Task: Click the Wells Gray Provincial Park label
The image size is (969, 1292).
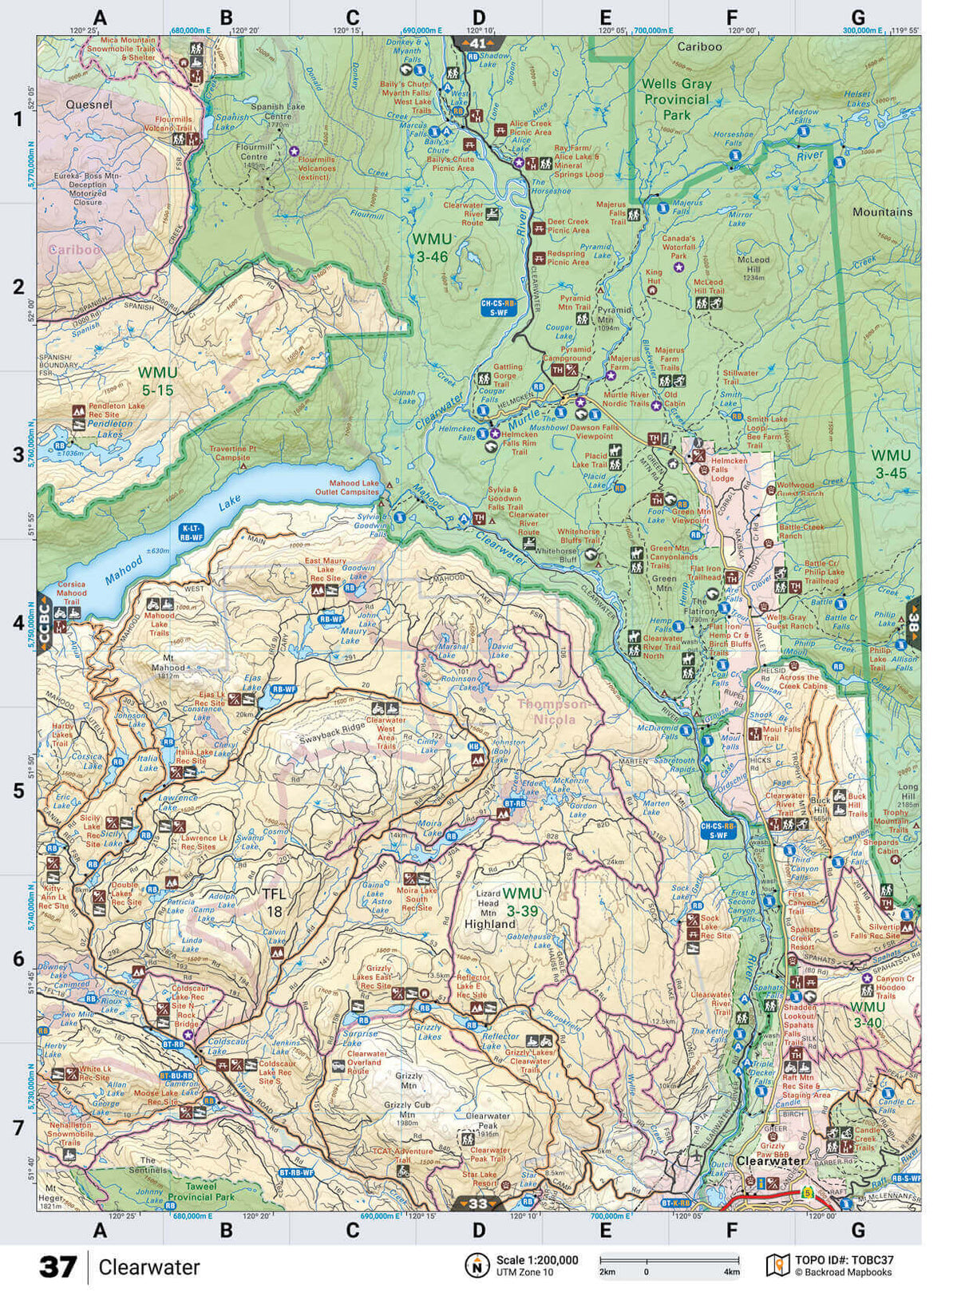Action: [675, 99]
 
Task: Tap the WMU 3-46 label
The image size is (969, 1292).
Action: [431, 248]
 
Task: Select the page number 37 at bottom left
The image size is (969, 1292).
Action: [57, 1267]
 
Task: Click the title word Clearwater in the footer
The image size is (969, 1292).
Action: [149, 1267]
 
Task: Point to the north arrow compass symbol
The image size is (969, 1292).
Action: [477, 1265]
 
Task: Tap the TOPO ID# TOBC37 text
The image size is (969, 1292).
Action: [844, 1260]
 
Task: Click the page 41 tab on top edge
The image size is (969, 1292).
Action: [477, 43]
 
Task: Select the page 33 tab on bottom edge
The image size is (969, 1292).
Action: [477, 1203]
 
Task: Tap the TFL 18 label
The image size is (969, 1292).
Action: [274, 902]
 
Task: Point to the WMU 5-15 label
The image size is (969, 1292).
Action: [156, 381]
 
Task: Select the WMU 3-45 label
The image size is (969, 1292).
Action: [890, 464]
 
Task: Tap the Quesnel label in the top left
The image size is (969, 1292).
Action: [89, 105]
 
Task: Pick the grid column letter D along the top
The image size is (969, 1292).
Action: [478, 18]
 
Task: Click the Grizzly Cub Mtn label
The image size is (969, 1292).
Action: [407, 1110]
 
